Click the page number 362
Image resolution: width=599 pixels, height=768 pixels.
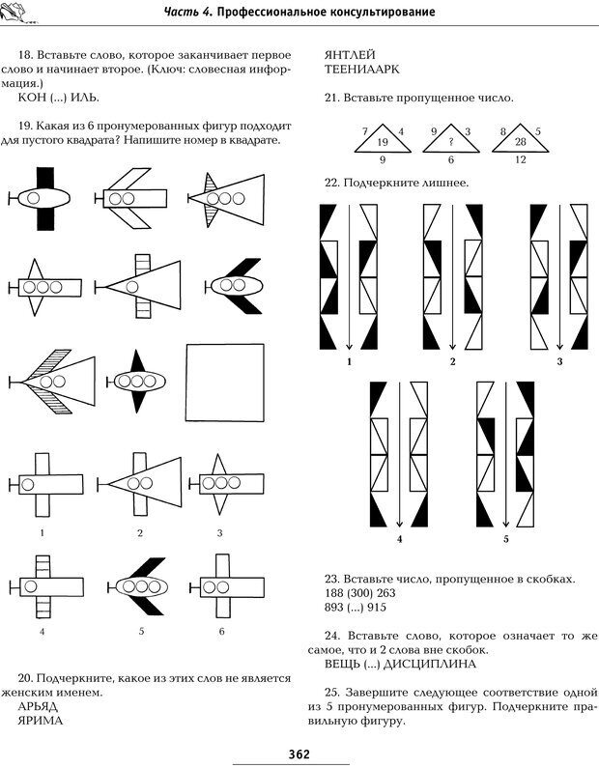click(299, 754)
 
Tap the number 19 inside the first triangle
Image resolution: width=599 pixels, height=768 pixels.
click(383, 142)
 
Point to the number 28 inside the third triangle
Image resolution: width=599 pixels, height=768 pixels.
click(520, 142)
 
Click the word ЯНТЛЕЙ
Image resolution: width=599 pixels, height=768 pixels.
click(350, 54)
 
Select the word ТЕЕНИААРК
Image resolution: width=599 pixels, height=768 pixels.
click(361, 71)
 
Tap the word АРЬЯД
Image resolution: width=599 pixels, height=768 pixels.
click(40, 706)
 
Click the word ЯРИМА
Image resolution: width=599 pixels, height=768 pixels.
click(40, 722)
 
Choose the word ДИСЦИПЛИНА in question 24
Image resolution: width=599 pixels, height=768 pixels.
click(435, 664)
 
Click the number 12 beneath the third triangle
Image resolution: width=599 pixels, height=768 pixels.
click(520, 159)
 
